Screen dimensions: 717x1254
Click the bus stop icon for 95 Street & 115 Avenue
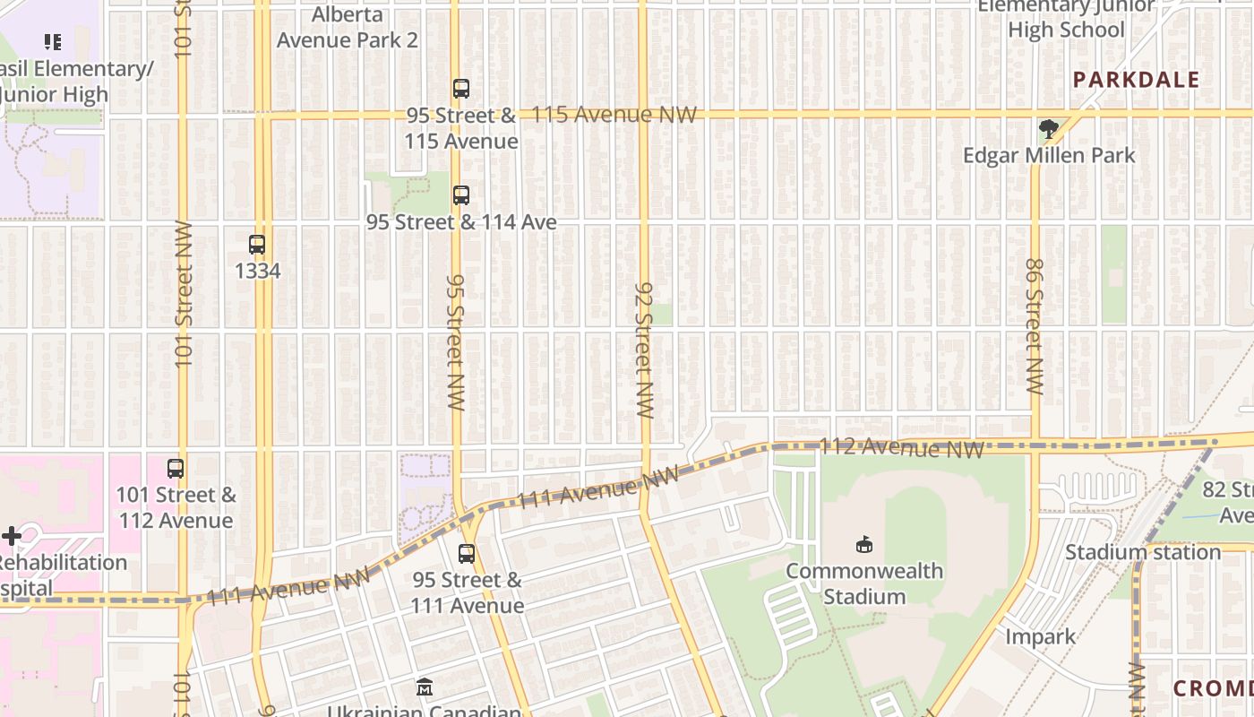[x=461, y=89]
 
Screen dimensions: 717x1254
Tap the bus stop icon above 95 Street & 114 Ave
[x=461, y=194]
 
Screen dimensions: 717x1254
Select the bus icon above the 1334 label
[x=257, y=244]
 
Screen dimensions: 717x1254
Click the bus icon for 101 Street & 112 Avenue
[x=176, y=468]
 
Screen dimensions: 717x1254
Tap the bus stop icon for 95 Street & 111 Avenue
[x=467, y=553]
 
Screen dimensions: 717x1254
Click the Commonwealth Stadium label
[x=863, y=583]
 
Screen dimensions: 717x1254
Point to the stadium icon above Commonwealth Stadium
[x=864, y=544]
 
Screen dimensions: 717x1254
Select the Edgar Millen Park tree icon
[x=1048, y=129]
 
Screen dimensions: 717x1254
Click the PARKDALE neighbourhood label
[x=1136, y=80]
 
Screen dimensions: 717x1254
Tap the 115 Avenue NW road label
[x=614, y=115]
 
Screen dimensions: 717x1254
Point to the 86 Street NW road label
[x=1035, y=327]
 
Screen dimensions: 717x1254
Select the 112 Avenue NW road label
[x=902, y=446]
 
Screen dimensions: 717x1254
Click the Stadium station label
[x=1142, y=552]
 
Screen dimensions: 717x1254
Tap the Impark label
[x=1040, y=636]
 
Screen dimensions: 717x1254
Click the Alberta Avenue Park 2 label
[x=347, y=28]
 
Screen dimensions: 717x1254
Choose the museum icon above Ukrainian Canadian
[x=425, y=687]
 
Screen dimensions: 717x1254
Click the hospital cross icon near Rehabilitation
[x=12, y=536]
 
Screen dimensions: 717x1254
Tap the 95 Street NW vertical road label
[x=456, y=342]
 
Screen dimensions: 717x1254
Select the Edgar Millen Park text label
[x=1049, y=155]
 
